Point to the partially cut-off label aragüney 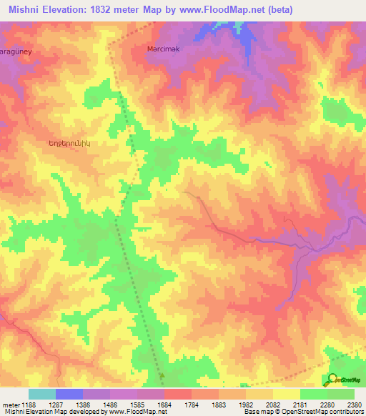click(16, 53)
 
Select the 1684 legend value click(165, 404)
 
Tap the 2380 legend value click(354, 404)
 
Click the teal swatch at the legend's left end click(42, 394)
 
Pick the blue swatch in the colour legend click(69, 394)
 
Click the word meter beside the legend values click(10, 404)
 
